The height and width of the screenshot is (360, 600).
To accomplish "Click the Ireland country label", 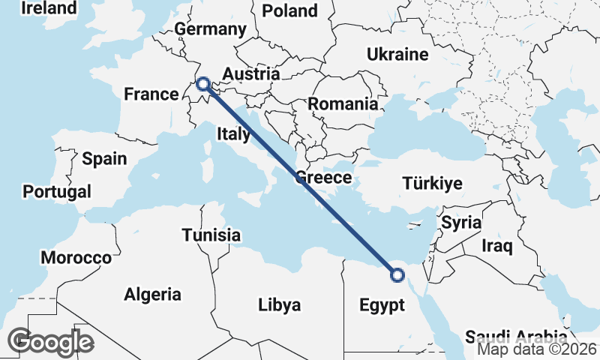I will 49,8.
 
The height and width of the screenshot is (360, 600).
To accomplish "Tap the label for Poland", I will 289,10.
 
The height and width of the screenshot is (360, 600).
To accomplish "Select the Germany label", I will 210,29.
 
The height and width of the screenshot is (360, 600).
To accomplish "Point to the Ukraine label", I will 397,54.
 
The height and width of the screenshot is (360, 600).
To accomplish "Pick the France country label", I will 151,94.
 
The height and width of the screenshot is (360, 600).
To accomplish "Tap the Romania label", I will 343,104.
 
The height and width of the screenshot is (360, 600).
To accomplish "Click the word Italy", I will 233,134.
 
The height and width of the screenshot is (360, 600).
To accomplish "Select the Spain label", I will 104,159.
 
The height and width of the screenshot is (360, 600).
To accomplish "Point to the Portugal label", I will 57,191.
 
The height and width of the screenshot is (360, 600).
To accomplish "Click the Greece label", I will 323,178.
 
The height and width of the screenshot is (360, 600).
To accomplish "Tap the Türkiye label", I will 432,183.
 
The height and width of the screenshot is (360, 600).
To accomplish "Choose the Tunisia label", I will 211,235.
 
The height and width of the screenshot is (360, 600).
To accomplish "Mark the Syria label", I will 460,223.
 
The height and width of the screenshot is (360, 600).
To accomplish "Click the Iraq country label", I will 496,245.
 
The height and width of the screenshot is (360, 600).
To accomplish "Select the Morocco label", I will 76,258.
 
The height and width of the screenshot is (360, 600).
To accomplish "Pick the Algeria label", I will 153,294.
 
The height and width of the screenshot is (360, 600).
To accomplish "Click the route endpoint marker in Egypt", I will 397,275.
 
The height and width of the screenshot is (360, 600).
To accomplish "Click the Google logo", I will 50,342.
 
